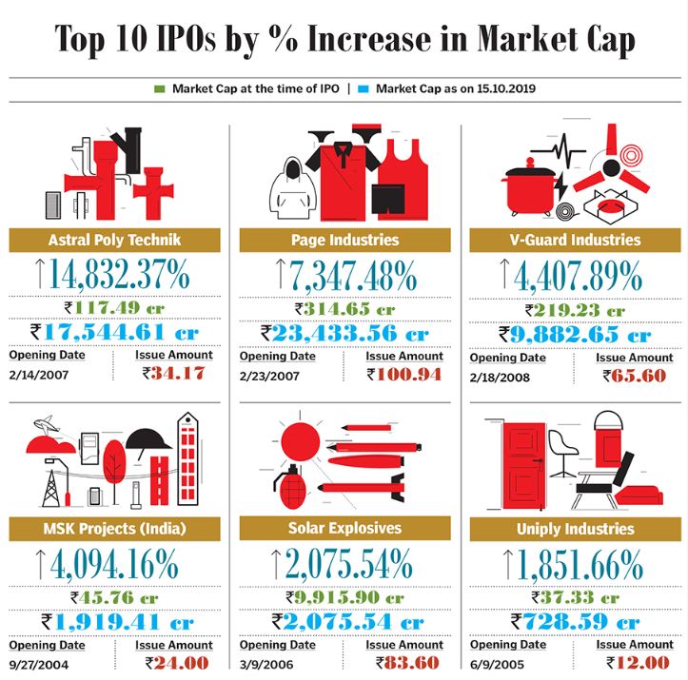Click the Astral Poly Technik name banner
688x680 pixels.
[114, 240]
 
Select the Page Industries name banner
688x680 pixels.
[344, 240]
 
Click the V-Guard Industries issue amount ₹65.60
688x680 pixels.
[634, 375]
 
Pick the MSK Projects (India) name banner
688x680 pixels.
[114, 528]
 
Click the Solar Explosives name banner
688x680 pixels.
[344, 528]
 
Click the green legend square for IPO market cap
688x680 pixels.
[159, 88]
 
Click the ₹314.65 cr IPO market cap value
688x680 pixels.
[344, 309]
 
